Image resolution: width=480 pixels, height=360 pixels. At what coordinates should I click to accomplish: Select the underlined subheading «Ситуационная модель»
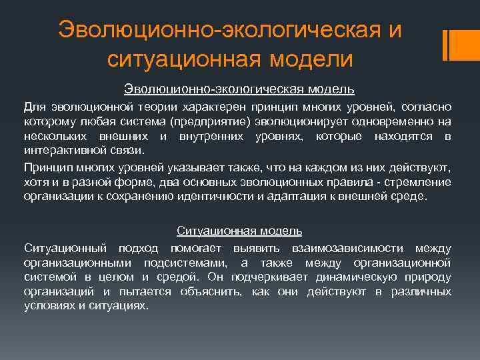pyautogui.click(x=239, y=231)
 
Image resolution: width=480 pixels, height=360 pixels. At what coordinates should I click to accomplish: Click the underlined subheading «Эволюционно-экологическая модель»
pyautogui.click(x=239, y=89)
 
